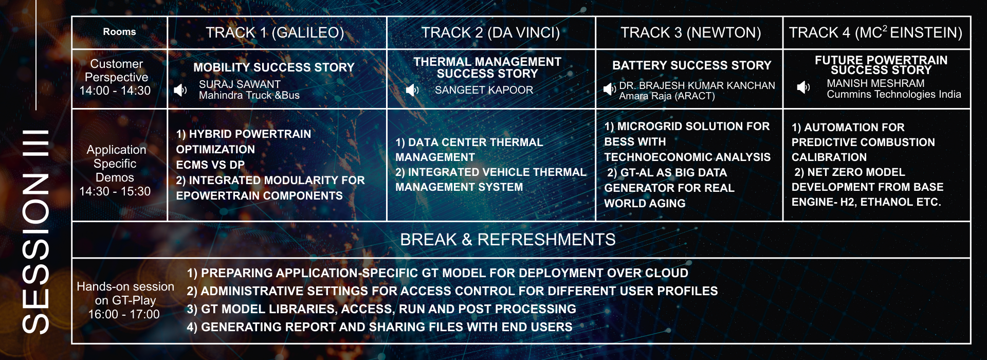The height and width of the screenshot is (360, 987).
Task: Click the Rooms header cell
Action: tap(119, 32)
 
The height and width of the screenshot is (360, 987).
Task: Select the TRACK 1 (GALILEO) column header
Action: tap(275, 33)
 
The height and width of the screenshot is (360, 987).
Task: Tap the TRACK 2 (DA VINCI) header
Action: tap(490, 33)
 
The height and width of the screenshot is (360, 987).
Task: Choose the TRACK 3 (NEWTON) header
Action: tap(690, 33)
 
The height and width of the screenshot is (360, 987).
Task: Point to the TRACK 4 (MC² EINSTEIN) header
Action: tap(875, 33)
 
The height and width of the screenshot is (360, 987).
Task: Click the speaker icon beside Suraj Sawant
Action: tap(180, 91)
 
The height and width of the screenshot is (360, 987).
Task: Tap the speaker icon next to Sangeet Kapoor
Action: tap(412, 91)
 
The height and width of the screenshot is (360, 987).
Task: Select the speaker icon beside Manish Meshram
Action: tap(803, 87)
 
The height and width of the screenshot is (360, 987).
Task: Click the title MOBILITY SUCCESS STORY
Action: tap(274, 67)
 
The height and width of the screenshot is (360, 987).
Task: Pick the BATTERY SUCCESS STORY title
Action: tap(691, 65)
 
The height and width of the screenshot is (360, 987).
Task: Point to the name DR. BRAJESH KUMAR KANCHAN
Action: tap(697, 85)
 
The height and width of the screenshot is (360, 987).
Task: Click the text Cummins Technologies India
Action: tap(894, 94)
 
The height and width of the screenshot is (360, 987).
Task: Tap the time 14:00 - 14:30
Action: tap(115, 91)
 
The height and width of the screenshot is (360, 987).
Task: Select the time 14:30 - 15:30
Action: tap(115, 191)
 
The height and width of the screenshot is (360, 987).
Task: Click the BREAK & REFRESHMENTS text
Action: tap(508, 240)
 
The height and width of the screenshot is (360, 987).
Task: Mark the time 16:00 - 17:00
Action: tap(124, 314)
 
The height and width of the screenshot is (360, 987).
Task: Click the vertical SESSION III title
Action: tap(36, 231)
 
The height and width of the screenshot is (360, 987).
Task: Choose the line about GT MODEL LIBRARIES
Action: tap(381, 309)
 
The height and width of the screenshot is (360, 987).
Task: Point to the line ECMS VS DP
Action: tap(210, 165)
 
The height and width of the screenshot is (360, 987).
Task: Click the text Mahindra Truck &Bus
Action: tap(249, 95)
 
